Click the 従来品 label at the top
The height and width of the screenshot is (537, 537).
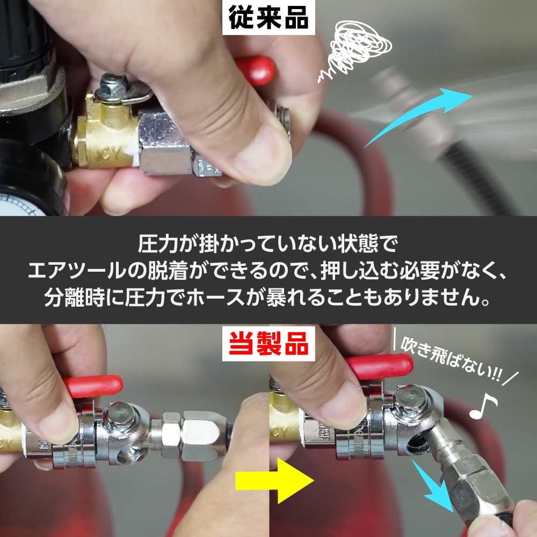pos(268,17)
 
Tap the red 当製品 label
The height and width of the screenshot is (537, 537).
pos(268,344)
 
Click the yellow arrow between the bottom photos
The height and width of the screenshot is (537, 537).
pos(274,480)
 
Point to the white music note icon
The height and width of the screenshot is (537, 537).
pos(483,406)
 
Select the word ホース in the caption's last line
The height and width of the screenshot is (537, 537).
pos(216,297)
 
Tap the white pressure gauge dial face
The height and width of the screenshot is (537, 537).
pos(21,204)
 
